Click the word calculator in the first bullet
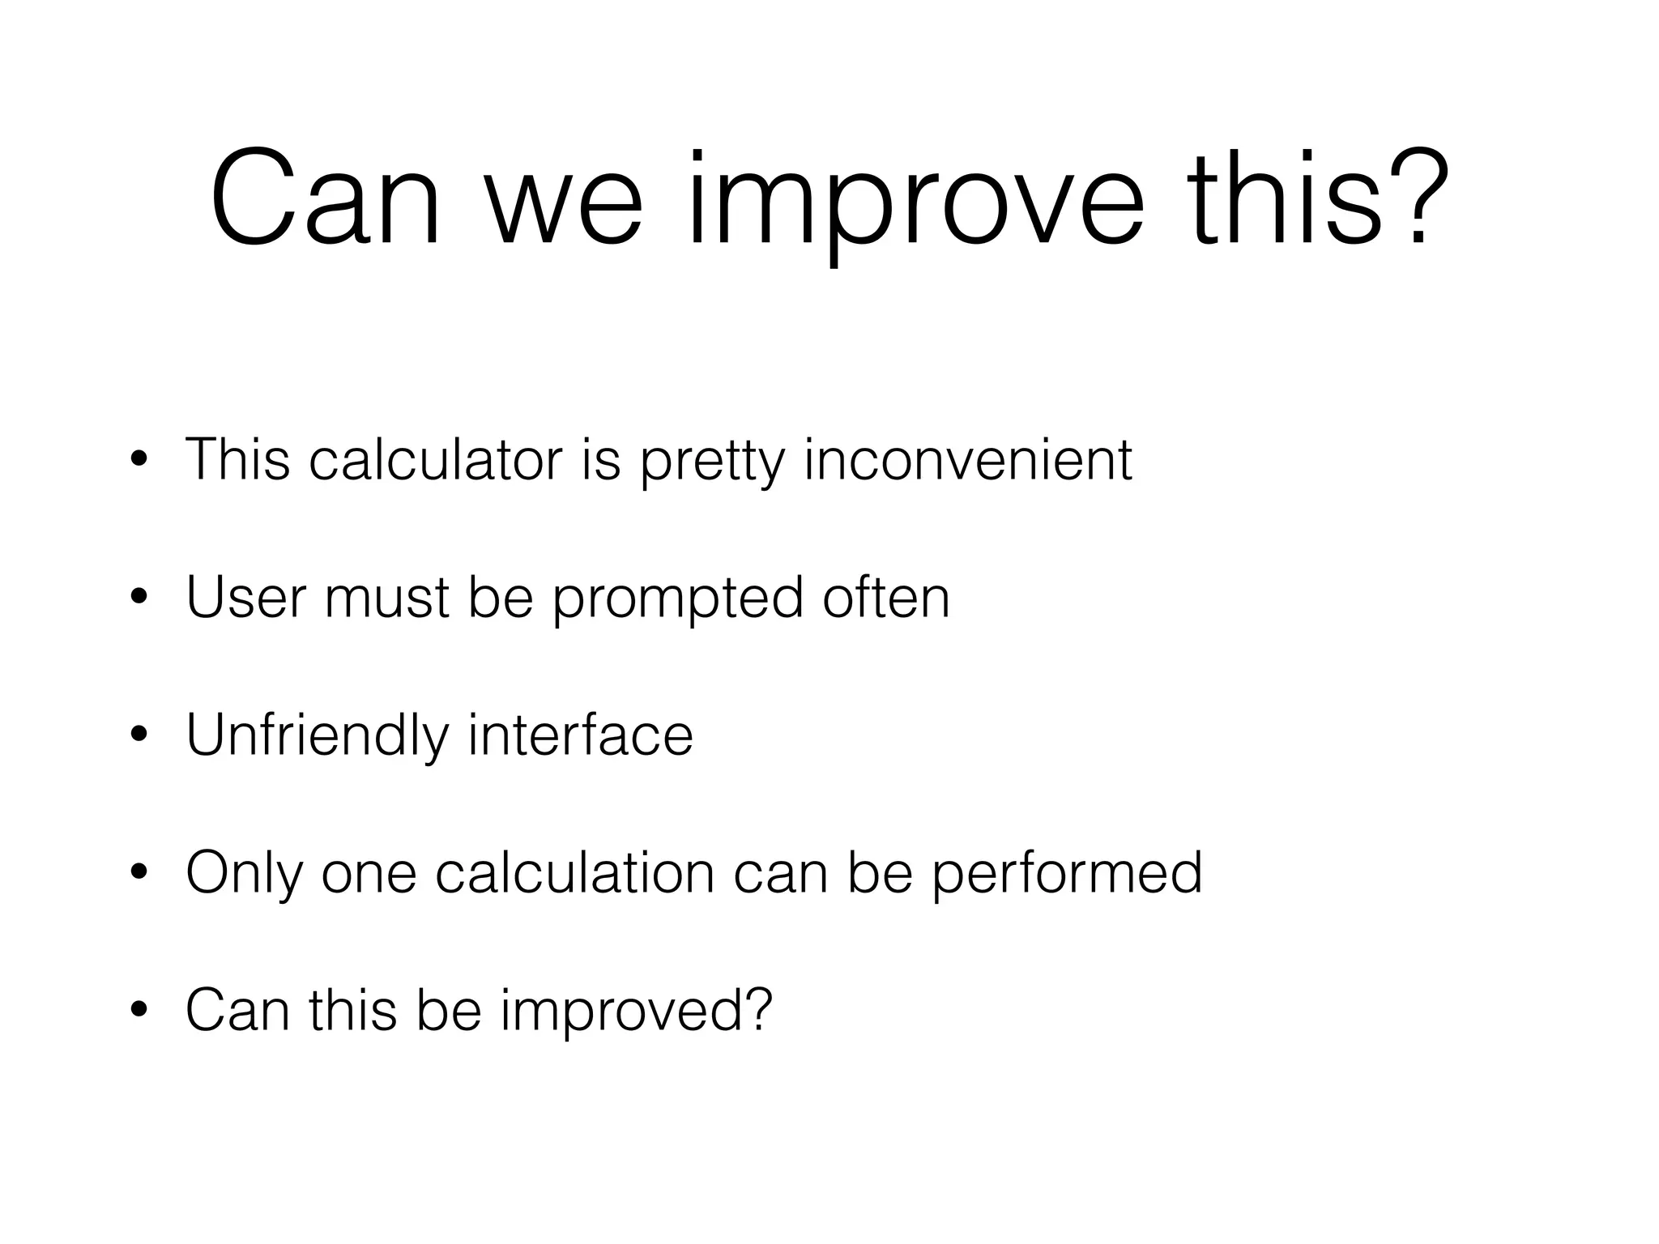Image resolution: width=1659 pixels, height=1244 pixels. click(x=436, y=460)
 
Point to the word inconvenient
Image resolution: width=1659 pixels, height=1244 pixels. click(x=968, y=460)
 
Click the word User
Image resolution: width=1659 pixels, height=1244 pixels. click(x=246, y=598)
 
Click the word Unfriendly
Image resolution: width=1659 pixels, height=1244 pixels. click(x=317, y=735)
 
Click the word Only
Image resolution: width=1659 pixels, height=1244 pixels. click(x=243, y=873)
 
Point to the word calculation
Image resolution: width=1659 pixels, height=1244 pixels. click(x=574, y=873)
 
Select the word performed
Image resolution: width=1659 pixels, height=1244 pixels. click(x=1067, y=873)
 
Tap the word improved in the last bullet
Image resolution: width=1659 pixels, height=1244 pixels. click(x=637, y=1011)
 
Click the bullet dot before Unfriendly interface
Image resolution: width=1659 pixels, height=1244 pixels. click(x=139, y=735)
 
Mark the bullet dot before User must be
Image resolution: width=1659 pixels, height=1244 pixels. click(x=139, y=598)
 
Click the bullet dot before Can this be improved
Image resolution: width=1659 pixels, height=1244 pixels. click(x=139, y=1011)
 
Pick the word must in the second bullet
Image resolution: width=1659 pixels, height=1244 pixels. click(x=386, y=598)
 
